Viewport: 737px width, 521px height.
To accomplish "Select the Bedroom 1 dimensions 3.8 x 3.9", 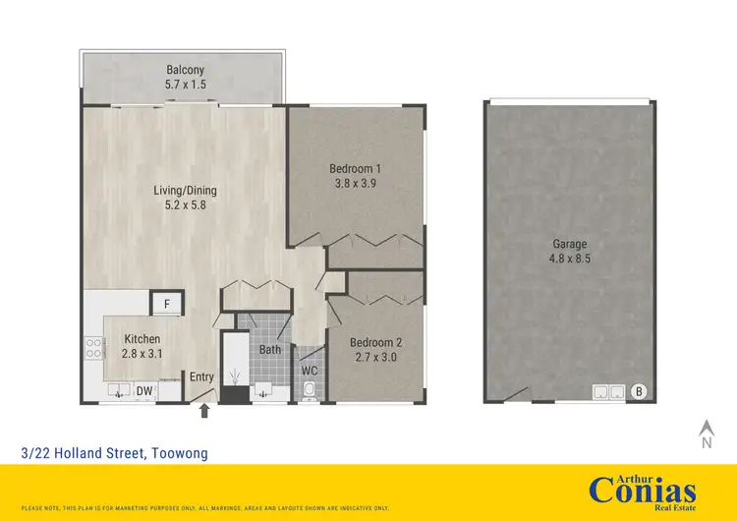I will click(355, 184).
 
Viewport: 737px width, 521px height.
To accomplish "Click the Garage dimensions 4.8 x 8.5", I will click(569, 260).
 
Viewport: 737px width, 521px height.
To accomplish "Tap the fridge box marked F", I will click(167, 305).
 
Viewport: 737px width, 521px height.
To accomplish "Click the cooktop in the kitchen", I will click(95, 347).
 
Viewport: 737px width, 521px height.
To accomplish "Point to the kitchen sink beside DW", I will click(117, 391).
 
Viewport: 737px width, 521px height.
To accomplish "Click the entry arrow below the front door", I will click(204, 412).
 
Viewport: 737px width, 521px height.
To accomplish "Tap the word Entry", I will click(201, 376).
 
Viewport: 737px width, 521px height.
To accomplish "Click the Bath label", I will click(270, 349).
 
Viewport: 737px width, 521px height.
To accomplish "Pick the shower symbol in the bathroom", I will click(234, 376).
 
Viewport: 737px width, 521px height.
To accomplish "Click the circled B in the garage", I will click(639, 391).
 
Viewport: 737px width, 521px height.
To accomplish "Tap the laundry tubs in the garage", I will click(606, 392).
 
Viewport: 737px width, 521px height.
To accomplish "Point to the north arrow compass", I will click(705, 434).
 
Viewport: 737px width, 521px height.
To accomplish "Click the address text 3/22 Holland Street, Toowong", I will click(114, 452).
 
